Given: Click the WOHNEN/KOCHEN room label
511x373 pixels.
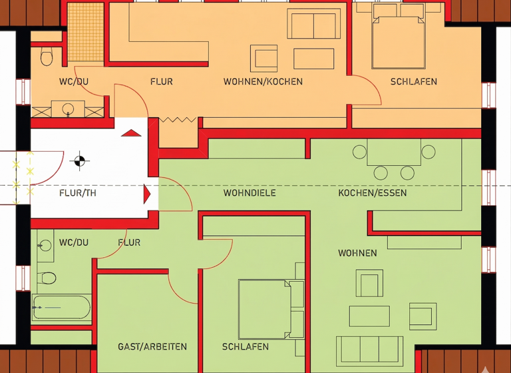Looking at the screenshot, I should [263, 82].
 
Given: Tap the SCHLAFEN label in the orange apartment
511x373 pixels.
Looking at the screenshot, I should [413, 82].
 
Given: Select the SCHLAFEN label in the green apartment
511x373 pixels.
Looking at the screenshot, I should [246, 347].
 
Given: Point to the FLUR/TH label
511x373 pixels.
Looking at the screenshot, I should [78, 194].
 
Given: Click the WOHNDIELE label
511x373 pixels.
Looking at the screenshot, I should [250, 193].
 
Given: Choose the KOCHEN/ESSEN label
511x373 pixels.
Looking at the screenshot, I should [373, 193].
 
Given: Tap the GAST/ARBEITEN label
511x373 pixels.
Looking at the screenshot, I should [152, 347].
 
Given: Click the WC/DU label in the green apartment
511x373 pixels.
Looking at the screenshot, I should [74, 242].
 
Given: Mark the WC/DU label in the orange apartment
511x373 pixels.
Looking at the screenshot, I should [74, 82].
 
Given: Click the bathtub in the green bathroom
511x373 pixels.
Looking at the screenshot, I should [62, 307].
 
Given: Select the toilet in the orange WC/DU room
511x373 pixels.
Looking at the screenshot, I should [47, 57].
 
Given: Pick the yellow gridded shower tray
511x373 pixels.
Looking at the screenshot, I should [86, 33].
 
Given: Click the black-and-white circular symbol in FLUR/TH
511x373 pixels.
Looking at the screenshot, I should [79, 160].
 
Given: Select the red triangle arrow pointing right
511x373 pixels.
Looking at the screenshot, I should [147, 194].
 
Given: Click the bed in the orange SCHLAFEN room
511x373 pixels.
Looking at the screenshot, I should [398, 40].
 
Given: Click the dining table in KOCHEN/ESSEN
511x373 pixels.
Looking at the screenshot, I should [394, 153].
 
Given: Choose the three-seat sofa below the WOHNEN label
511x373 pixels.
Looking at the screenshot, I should [369, 350].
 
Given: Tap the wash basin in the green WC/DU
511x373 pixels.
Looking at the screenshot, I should [45, 245].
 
